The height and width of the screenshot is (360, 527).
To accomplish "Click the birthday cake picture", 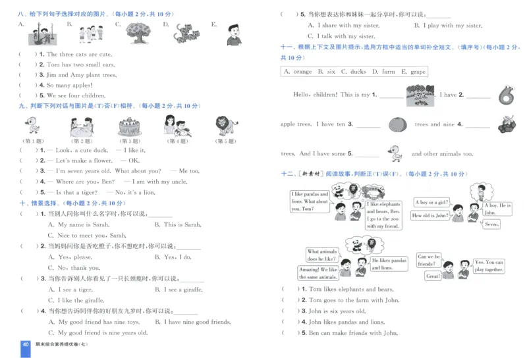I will (x=128, y=126).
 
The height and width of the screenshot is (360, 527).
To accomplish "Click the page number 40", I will (x=26, y=345).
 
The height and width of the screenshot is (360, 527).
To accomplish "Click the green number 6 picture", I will (x=505, y=95).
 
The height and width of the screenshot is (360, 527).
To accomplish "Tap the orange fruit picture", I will (x=397, y=124).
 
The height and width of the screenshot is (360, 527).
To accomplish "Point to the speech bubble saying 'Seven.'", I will (x=491, y=224).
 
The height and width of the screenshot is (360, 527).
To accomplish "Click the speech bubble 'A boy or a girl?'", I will (x=433, y=202).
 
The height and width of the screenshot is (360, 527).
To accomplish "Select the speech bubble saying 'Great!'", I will (x=433, y=276).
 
